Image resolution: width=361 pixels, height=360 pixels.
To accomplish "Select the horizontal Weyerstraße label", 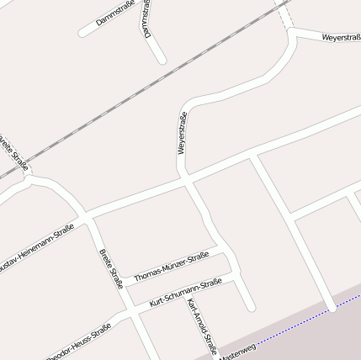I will (341, 38).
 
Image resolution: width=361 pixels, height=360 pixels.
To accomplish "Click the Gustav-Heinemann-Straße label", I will (38, 243).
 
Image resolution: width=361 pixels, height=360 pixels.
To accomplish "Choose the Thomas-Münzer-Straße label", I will (171, 266).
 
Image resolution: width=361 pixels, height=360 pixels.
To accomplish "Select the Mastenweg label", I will (237, 352).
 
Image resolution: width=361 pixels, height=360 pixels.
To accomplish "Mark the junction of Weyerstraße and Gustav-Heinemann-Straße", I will (188, 179).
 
